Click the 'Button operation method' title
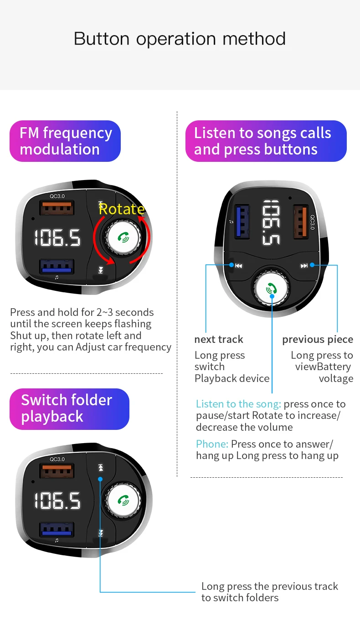(180, 39)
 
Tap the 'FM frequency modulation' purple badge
(65, 141)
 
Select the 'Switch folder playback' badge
(69, 409)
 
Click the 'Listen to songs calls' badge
(266, 141)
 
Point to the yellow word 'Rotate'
(122, 209)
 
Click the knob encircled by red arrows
(123, 238)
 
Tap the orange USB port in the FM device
(57, 208)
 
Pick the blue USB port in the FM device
(57, 267)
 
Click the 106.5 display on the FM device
(57, 238)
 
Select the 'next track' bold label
(219, 339)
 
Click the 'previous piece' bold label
(318, 340)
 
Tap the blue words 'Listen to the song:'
(238, 404)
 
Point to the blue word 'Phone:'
(212, 444)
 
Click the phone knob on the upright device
(271, 288)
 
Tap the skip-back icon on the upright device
(238, 266)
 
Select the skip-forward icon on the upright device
(304, 266)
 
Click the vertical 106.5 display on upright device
(271, 222)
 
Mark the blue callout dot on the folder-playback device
(100, 480)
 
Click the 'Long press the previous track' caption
(270, 586)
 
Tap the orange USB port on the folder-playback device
(57, 471)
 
